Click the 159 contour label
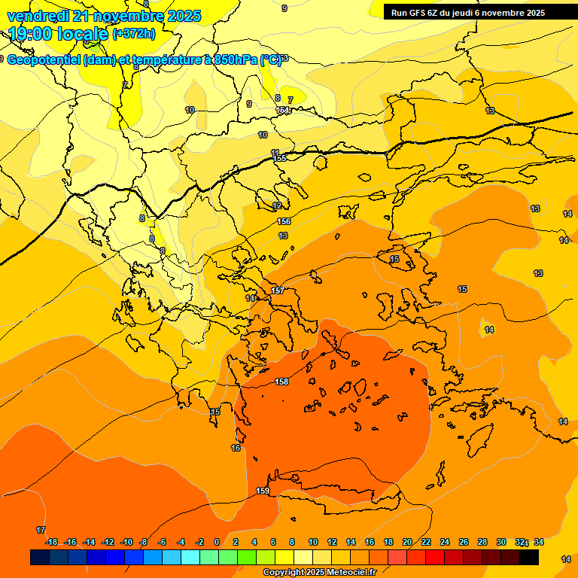pos(263,491)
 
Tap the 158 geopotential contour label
pos(281,382)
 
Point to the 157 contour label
pos(278,291)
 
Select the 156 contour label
pos(284,221)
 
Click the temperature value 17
pos(41,531)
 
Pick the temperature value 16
pos(236,448)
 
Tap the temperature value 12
pos(277,206)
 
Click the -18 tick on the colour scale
pos(51,542)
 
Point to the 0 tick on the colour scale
pos(217,542)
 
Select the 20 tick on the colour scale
pos(406,542)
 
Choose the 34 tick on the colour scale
pos(539,542)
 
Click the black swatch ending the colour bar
pos(529,557)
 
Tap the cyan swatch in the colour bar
pos(190,557)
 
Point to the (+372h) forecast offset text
pos(134,34)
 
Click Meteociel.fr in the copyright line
pos(347,573)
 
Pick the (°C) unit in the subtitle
pos(271,60)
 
